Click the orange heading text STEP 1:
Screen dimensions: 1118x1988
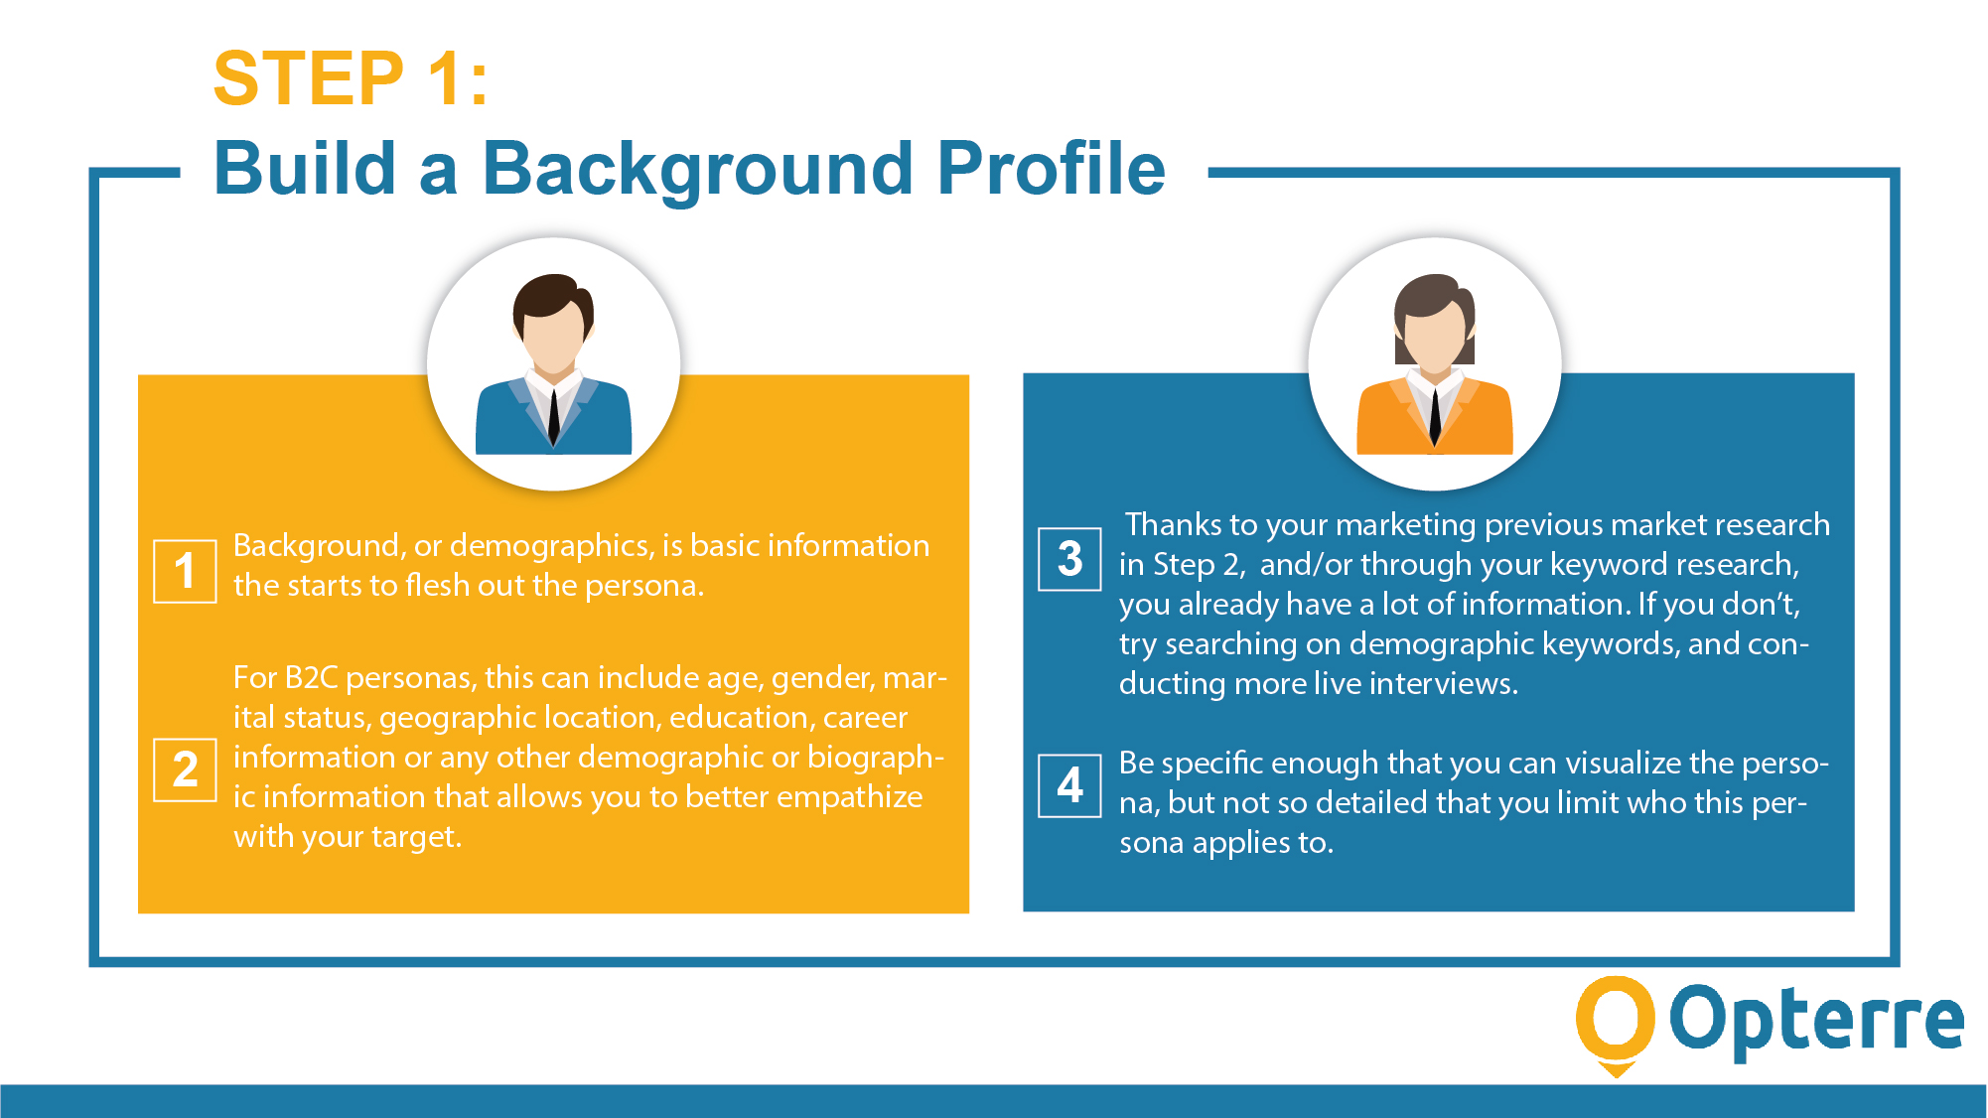(x=351, y=78)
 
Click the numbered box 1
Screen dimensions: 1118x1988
(x=185, y=571)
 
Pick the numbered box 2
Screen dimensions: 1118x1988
(x=185, y=769)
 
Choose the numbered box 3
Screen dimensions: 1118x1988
(x=1069, y=559)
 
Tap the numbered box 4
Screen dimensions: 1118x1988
(x=1069, y=785)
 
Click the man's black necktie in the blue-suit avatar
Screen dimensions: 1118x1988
(x=553, y=417)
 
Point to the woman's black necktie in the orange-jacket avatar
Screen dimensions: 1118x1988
(x=1434, y=417)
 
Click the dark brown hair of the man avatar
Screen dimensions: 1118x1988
(x=549, y=294)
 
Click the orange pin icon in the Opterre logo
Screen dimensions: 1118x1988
(x=1615, y=1023)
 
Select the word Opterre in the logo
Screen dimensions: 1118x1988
(x=1816, y=1021)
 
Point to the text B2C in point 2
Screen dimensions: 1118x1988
(x=311, y=678)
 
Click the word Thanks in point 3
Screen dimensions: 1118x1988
(x=1173, y=524)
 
